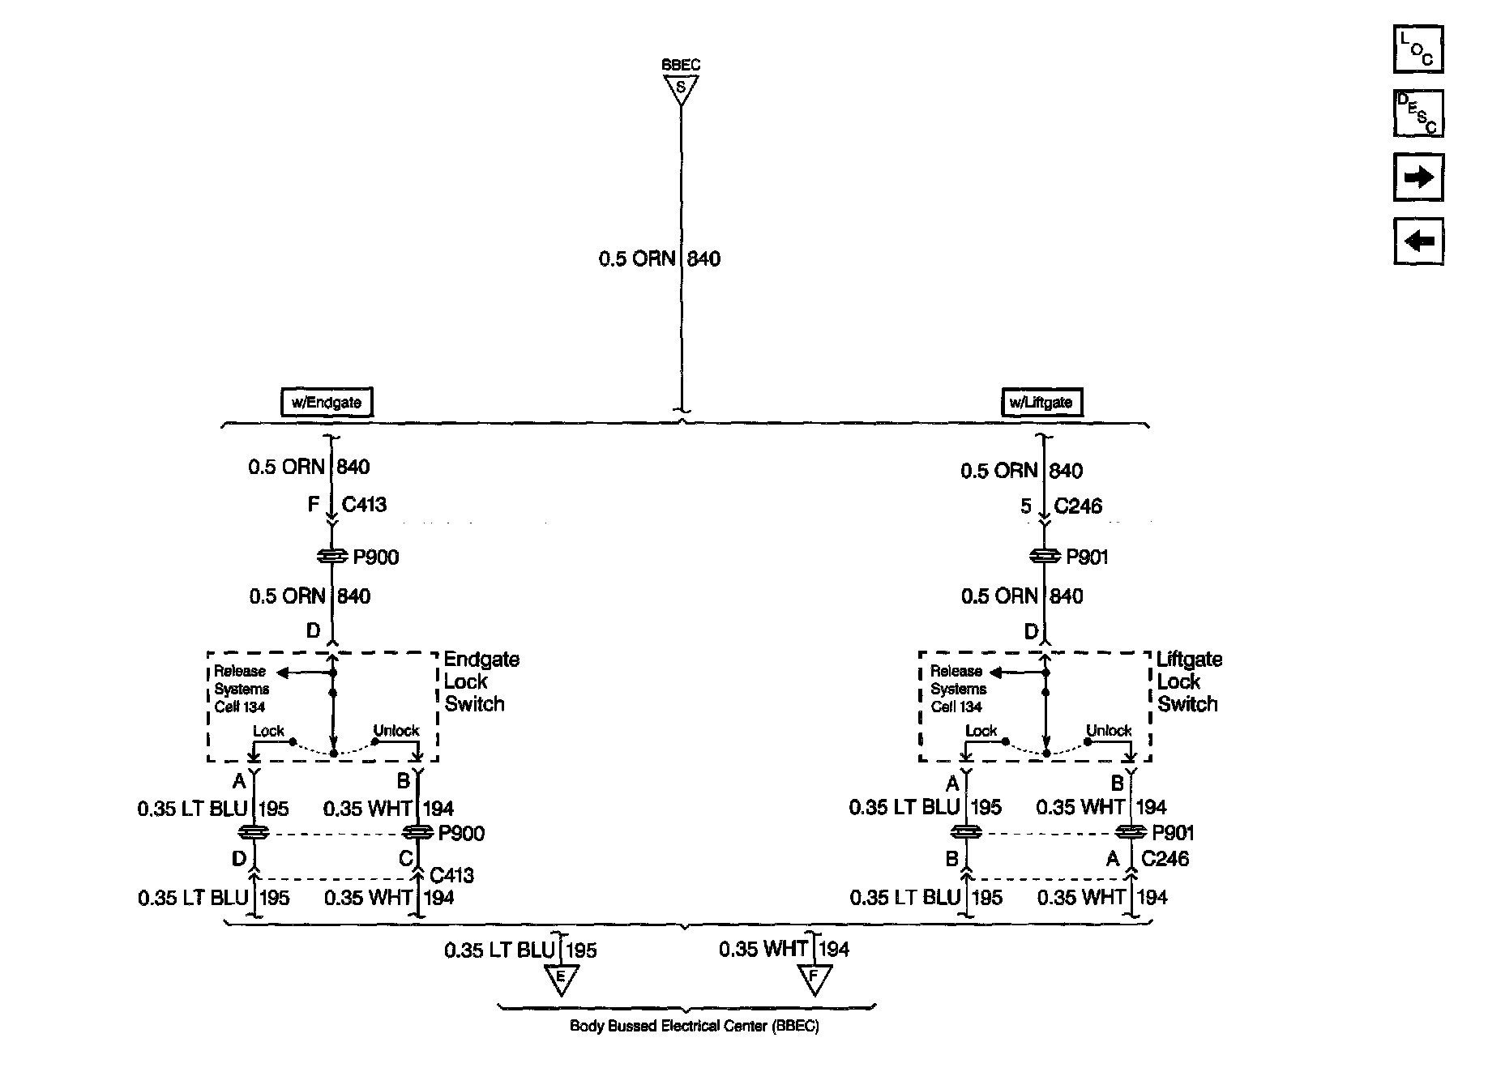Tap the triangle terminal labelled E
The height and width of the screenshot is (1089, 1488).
point(560,978)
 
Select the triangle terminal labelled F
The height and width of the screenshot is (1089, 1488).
point(815,978)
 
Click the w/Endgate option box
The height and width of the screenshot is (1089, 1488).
point(327,403)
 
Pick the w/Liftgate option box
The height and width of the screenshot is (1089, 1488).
point(1041,403)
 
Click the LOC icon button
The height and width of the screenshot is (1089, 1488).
point(1418,49)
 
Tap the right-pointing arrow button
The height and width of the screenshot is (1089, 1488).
point(1418,177)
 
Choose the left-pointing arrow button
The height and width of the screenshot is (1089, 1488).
point(1418,241)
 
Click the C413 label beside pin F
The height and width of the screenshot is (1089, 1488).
point(364,505)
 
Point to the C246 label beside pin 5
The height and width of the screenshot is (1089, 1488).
point(1078,506)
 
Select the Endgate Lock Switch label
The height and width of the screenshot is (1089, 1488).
point(481,681)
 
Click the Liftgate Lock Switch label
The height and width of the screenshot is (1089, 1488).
point(1188,681)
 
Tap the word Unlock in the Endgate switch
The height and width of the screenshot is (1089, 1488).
point(396,730)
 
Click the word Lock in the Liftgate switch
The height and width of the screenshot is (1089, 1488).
point(981,730)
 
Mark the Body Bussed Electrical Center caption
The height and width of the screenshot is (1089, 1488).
point(695,1026)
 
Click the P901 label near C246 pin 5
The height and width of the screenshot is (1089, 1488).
point(1087,557)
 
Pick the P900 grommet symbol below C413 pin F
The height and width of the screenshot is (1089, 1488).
point(331,557)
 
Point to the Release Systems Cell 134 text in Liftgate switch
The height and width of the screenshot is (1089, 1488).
point(958,689)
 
